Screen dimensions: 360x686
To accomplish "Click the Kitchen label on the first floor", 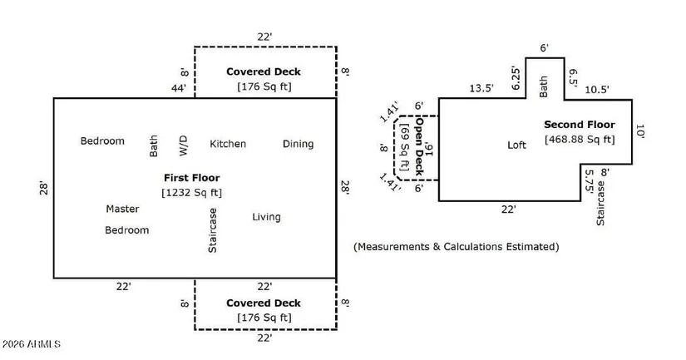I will point(227,144).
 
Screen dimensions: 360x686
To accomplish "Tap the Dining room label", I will point(298,144).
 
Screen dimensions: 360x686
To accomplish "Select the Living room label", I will point(266,217).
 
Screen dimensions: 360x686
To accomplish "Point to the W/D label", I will point(184,145).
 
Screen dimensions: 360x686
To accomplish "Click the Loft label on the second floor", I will point(517,145).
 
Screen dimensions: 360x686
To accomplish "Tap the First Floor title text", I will point(191,177).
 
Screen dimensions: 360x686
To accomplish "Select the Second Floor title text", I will point(580,125).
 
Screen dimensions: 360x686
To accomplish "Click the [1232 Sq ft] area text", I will point(191,192).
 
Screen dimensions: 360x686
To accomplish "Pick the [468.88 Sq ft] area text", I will point(580,139).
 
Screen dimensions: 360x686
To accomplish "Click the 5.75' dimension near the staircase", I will point(589,183).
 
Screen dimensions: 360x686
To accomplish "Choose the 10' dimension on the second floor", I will point(640,131).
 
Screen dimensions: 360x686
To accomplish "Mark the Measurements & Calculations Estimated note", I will point(457,247).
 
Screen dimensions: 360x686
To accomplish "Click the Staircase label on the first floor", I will point(212,230).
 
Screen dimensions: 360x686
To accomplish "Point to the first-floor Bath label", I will point(153,146).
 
